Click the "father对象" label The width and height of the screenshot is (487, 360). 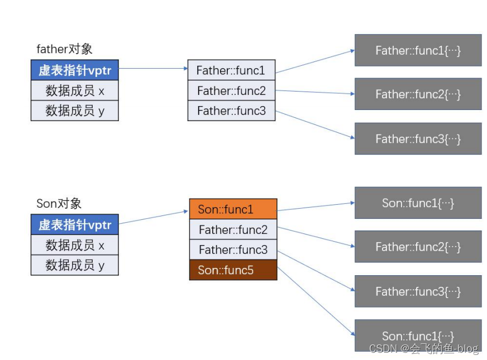click(64, 49)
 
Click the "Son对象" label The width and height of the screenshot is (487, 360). click(59, 204)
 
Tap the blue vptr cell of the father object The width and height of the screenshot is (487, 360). click(74, 70)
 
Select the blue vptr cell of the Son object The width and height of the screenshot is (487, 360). click(74, 224)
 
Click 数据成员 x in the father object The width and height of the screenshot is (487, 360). click(74, 90)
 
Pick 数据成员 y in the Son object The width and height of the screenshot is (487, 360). click(74, 265)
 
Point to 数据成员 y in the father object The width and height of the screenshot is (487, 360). click(74, 111)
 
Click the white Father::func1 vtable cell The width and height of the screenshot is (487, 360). click(231, 70)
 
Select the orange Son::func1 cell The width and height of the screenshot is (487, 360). click(233, 209)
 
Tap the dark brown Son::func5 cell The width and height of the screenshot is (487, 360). click(233, 270)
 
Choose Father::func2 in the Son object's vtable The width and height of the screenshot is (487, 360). click(233, 229)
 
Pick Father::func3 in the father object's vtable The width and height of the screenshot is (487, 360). click(231, 111)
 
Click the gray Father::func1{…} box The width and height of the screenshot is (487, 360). click(418, 50)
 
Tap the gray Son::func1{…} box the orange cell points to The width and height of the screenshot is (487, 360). click(418, 203)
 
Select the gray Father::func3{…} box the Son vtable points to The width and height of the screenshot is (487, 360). click(418, 291)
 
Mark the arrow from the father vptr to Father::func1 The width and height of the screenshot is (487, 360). click(153, 68)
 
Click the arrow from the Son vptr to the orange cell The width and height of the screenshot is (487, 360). click(153, 217)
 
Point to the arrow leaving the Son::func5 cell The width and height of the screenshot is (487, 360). click(316, 301)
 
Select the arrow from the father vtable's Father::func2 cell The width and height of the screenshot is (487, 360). click(315, 92)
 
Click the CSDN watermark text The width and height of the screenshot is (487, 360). click(424, 349)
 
